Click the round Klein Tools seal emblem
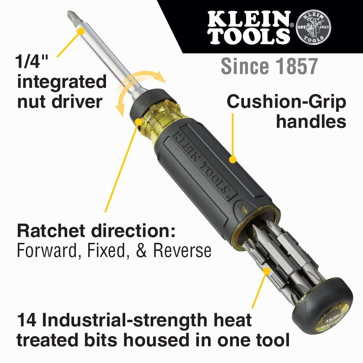313,27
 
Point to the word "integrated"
62,82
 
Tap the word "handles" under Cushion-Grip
311,122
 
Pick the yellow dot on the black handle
233,159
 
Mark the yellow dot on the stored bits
267,271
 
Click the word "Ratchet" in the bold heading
51,232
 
